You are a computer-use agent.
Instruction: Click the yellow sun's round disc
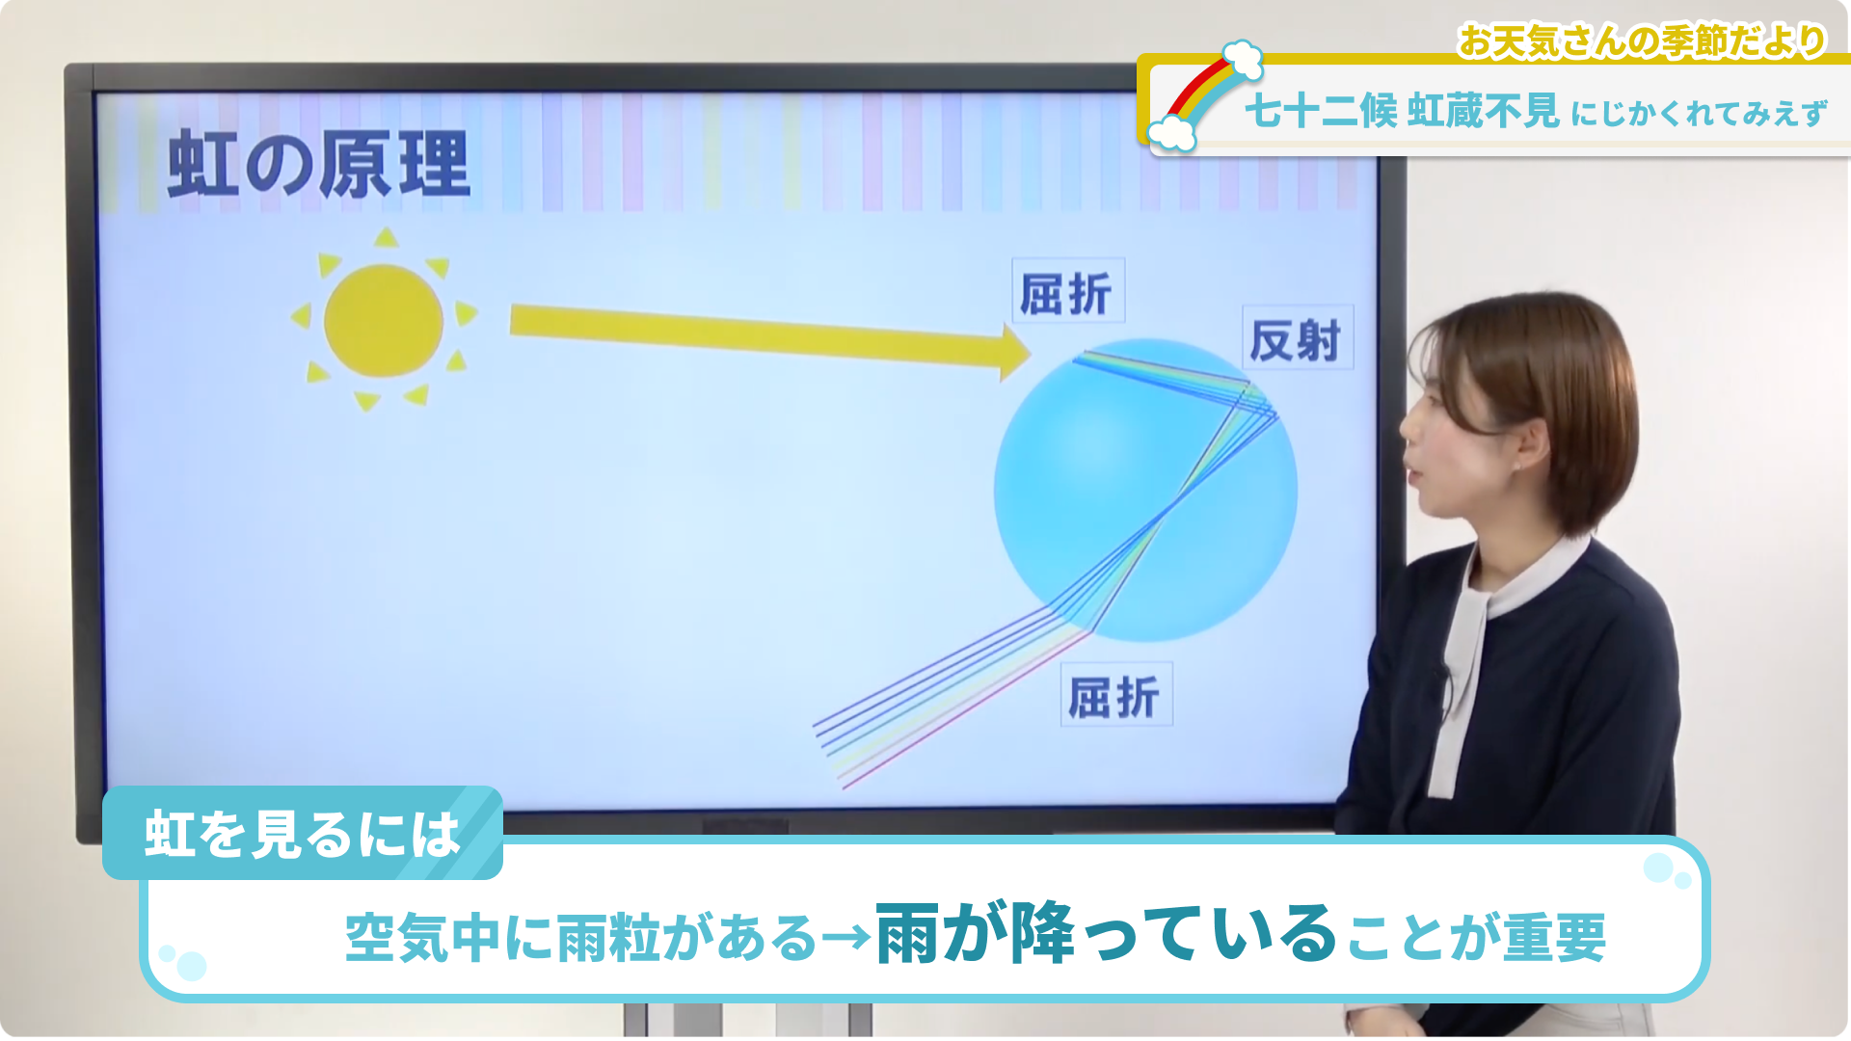[x=384, y=320]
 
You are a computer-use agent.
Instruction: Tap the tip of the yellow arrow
[x=1032, y=353]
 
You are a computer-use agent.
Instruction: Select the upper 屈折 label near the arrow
[x=1067, y=292]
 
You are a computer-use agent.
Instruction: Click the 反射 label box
[x=1298, y=338]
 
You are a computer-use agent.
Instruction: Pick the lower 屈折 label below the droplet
[x=1115, y=695]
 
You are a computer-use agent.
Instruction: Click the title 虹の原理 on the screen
[x=319, y=165]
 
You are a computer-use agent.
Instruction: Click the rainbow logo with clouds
[x=1211, y=96]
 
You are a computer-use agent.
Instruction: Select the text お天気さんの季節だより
[x=1642, y=41]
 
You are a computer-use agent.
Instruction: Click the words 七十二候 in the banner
[x=1321, y=112]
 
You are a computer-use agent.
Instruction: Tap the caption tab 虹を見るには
[x=303, y=834]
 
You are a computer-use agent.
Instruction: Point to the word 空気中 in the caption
[x=423, y=937]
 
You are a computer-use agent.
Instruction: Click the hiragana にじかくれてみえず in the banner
[x=1699, y=114]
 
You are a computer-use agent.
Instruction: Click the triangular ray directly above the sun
[x=387, y=237]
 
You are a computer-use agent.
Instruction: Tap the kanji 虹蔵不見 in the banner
[x=1484, y=112]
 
